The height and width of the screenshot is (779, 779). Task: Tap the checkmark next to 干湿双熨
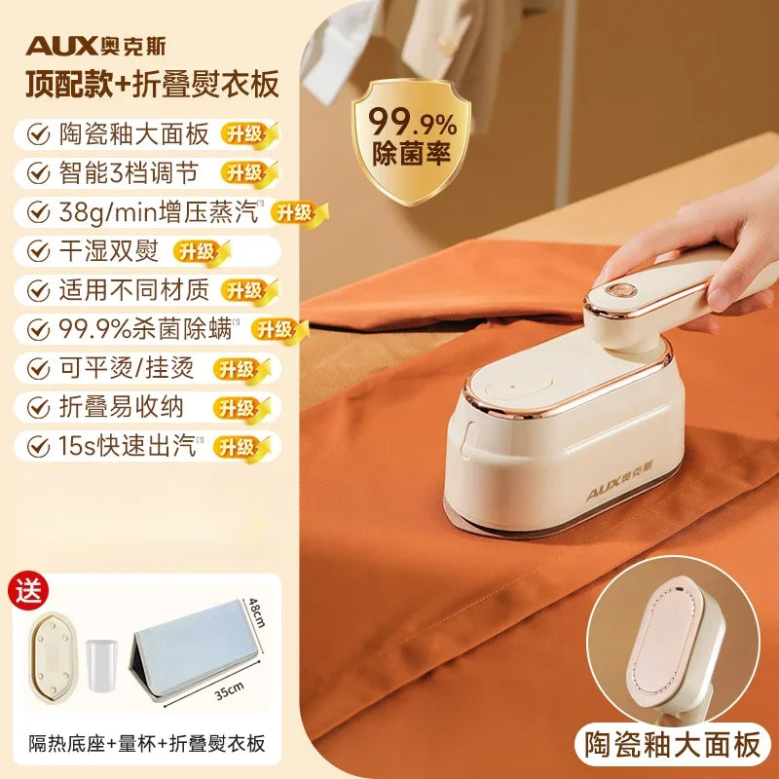point(37,250)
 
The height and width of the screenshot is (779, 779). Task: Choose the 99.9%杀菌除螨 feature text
point(146,328)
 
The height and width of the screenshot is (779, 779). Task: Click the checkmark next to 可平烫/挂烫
point(37,368)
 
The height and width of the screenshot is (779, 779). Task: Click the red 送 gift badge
point(28,590)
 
